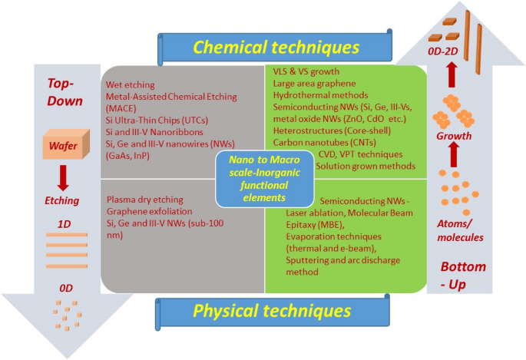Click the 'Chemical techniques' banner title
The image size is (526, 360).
(276, 48)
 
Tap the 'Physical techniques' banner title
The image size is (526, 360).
(273, 311)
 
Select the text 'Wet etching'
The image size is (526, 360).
(130, 84)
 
